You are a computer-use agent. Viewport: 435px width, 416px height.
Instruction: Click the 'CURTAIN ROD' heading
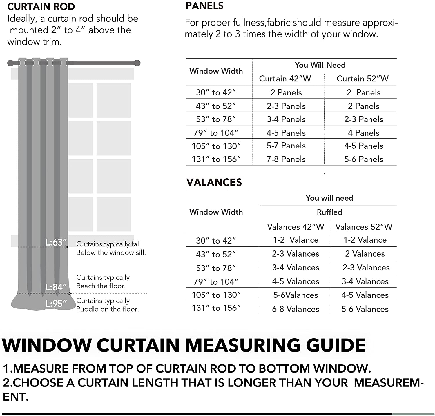41,7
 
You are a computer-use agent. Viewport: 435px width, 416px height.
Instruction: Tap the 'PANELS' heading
204,6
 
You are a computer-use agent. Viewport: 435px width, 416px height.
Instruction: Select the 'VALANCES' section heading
214,182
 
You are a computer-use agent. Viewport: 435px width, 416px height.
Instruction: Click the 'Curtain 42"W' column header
285,79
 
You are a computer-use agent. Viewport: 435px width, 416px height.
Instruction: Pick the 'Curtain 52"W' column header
362,79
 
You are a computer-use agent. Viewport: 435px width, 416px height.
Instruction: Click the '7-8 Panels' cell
286,159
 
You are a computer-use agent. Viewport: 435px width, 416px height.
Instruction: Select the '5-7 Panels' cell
286,146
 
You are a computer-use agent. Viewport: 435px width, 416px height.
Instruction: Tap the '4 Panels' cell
363,133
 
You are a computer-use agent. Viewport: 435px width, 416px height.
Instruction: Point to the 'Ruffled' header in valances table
329,212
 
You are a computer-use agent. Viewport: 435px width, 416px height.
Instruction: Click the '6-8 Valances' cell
295,309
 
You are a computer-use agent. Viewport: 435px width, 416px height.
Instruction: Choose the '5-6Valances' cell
295,295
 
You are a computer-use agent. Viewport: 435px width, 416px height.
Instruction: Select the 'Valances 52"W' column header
364,227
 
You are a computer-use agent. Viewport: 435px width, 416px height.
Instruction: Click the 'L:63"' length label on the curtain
56,242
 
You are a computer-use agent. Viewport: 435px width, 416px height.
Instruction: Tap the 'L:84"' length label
56,287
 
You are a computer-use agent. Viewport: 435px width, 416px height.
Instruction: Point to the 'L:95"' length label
56,304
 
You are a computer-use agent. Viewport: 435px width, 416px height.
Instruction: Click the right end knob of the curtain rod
137,63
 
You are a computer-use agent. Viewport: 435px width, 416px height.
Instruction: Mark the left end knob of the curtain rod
10,63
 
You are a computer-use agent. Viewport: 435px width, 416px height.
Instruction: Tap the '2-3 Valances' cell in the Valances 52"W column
366,267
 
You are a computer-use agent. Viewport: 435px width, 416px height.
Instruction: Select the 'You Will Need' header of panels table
320,65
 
